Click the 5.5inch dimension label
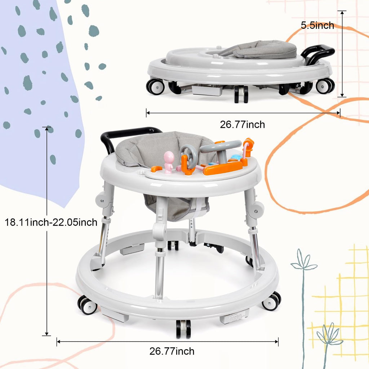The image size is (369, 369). [x=317, y=26]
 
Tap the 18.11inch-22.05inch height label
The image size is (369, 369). [x=51, y=222]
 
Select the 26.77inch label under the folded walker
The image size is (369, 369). [x=242, y=125]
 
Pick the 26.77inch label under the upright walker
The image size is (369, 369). [x=172, y=351]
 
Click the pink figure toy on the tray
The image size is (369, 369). [x=169, y=161]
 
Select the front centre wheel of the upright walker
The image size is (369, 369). [x=183, y=329]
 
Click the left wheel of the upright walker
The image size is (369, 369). [x=88, y=305]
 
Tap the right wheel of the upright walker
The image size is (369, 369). [x=271, y=302]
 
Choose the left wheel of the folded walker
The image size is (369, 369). [x=155, y=86]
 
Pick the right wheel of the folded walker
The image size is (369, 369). [x=324, y=86]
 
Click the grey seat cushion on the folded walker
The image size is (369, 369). [x=265, y=50]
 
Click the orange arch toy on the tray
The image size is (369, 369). [x=248, y=147]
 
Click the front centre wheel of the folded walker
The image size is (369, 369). [x=241, y=94]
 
